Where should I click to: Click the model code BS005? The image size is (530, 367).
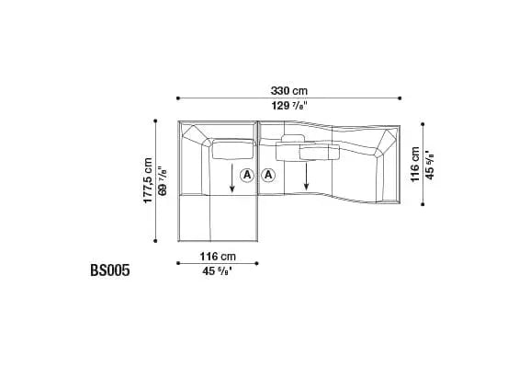click(110, 270)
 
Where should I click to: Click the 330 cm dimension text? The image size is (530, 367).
click(289, 91)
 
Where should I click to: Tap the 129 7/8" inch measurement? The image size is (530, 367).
click(289, 106)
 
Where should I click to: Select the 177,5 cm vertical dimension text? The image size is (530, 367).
click(148, 180)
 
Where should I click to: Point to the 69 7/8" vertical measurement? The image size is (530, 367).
click(163, 181)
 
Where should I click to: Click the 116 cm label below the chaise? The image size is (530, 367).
click(218, 257)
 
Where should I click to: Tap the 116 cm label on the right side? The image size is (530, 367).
click(415, 165)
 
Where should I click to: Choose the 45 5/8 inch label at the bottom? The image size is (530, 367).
click(218, 270)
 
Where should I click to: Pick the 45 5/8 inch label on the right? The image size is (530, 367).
click(430, 165)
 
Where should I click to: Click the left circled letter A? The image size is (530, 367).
click(247, 176)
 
